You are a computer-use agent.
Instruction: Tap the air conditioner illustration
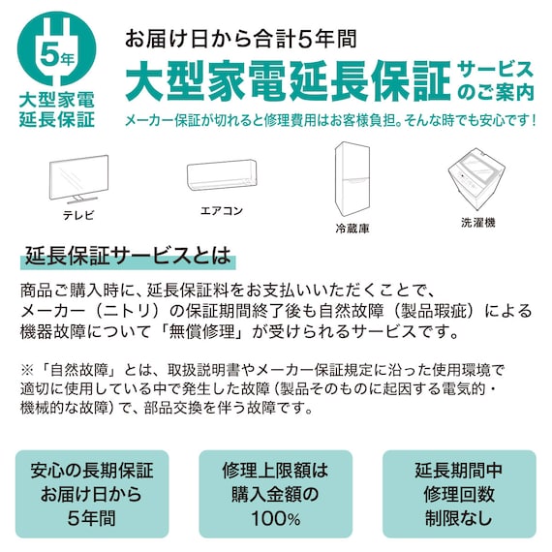coord(221,175)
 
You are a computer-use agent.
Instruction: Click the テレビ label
coord(79,213)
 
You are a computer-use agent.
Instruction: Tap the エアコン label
coord(221,210)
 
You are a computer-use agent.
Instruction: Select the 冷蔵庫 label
coord(353,230)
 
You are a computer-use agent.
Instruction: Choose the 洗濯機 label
coord(477,223)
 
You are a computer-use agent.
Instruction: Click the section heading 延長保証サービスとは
coord(128,258)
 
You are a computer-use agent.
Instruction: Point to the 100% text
coord(276,520)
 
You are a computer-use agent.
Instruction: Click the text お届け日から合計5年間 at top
coord(240,39)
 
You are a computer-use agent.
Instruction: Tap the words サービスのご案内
coord(495,81)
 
